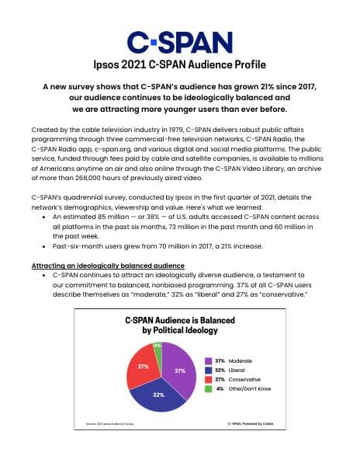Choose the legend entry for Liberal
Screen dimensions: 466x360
(x=234, y=372)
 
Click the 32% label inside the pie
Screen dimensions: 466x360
(x=158, y=395)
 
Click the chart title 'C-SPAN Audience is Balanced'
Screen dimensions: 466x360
(x=179, y=320)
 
